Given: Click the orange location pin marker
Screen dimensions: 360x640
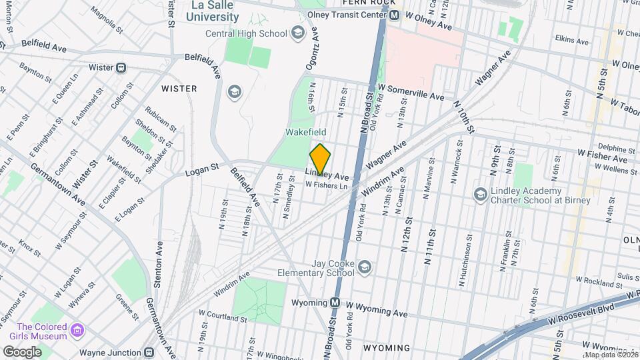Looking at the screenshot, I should (x=320, y=159).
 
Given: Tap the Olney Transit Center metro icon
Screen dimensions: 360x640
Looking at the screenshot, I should (x=395, y=15).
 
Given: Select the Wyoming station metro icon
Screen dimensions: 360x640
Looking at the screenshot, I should (x=335, y=303).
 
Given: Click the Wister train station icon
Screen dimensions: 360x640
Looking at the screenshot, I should (x=121, y=67).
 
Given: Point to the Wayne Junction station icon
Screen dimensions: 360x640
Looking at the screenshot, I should (x=150, y=352).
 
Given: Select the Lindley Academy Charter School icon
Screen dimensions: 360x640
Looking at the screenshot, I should (x=479, y=194).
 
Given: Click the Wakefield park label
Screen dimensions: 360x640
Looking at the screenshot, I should (x=305, y=133).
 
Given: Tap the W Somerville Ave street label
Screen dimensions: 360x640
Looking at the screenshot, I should (x=410, y=96).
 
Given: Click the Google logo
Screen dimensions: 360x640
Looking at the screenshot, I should (x=22, y=351).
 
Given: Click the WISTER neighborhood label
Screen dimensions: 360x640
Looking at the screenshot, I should (x=179, y=89).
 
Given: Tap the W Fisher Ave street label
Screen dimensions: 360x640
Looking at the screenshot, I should (x=602, y=159).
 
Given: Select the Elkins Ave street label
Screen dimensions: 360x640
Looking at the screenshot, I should (x=572, y=41).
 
